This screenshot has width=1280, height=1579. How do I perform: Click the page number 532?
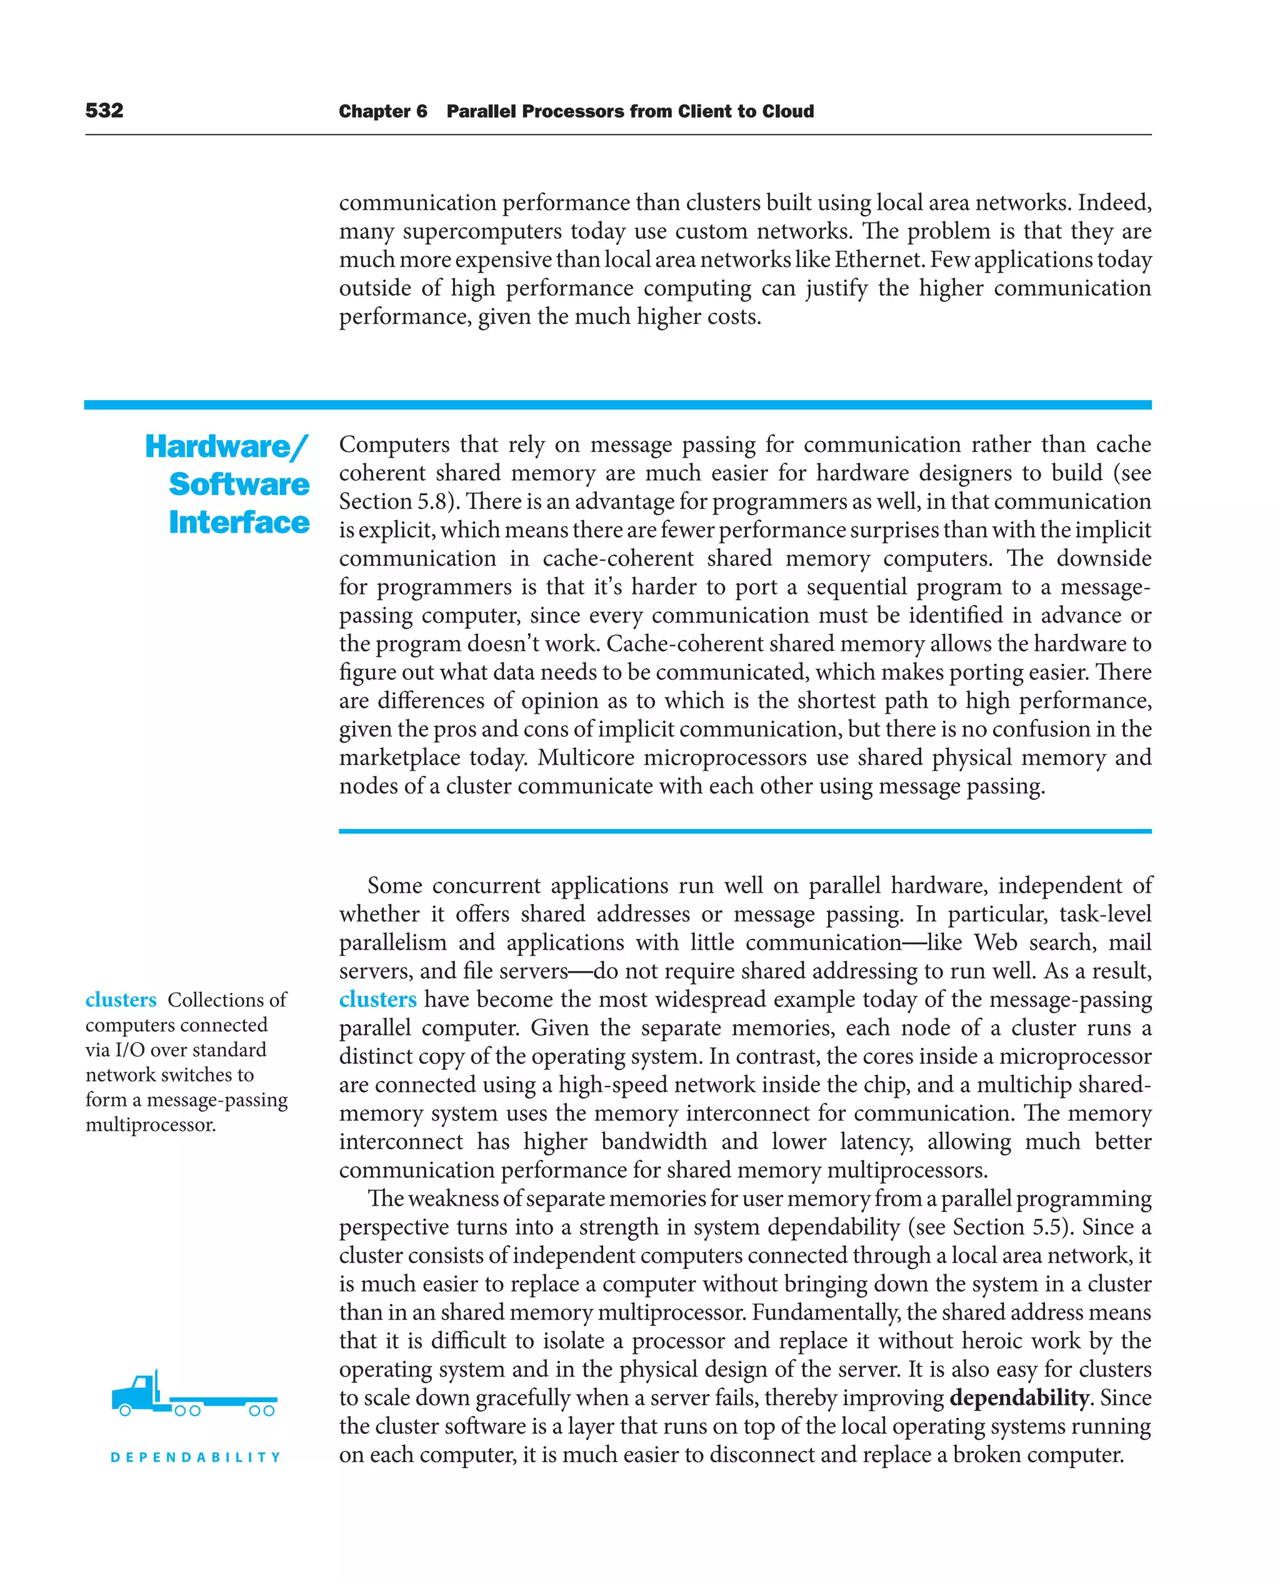click(x=104, y=111)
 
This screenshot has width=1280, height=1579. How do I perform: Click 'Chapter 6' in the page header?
click(x=382, y=111)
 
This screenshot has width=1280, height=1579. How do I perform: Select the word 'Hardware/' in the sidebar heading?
click(x=226, y=446)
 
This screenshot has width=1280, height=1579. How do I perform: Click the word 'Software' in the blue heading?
click(x=239, y=484)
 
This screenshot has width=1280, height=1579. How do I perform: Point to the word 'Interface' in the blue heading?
click(x=239, y=522)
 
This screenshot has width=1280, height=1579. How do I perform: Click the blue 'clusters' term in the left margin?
click(x=121, y=1000)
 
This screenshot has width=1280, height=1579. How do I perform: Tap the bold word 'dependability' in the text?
click(x=1019, y=1397)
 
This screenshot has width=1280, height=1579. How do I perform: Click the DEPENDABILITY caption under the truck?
click(x=196, y=1457)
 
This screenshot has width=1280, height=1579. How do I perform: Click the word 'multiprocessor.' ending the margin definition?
click(x=151, y=1125)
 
